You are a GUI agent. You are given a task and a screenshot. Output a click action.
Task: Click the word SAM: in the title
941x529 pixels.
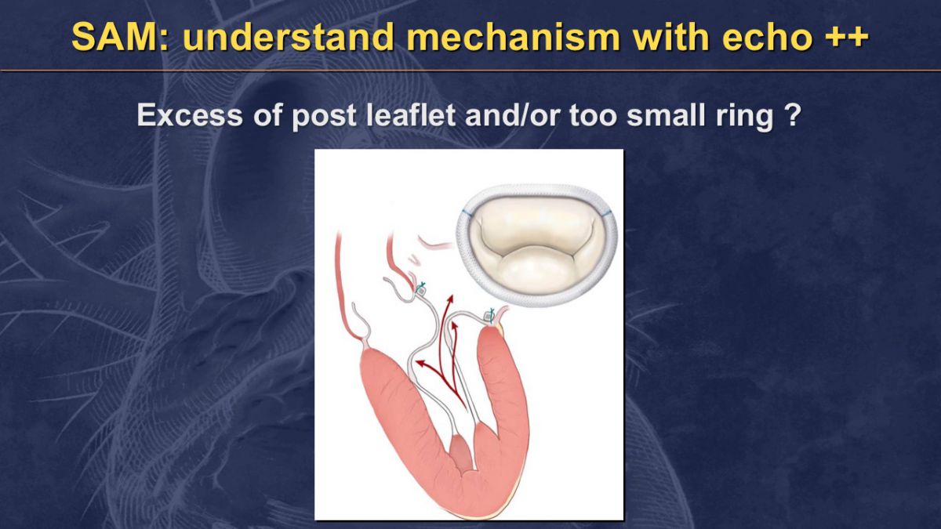(121, 37)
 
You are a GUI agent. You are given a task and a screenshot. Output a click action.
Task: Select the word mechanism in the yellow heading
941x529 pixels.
(514, 37)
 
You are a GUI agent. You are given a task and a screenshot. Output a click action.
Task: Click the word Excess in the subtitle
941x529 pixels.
(190, 115)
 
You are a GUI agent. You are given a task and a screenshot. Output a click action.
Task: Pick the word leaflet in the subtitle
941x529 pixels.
(410, 114)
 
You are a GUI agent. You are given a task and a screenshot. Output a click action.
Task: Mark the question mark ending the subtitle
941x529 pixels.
(793, 114)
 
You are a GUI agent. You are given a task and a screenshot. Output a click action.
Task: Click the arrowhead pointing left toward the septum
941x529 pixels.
(420, 362)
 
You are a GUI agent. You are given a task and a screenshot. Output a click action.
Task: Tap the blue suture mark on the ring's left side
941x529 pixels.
(466, 212)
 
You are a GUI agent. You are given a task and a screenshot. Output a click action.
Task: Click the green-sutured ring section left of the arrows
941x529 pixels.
(420, 290)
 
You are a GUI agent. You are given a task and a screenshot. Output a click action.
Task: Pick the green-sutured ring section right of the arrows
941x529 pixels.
(489, 316)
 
